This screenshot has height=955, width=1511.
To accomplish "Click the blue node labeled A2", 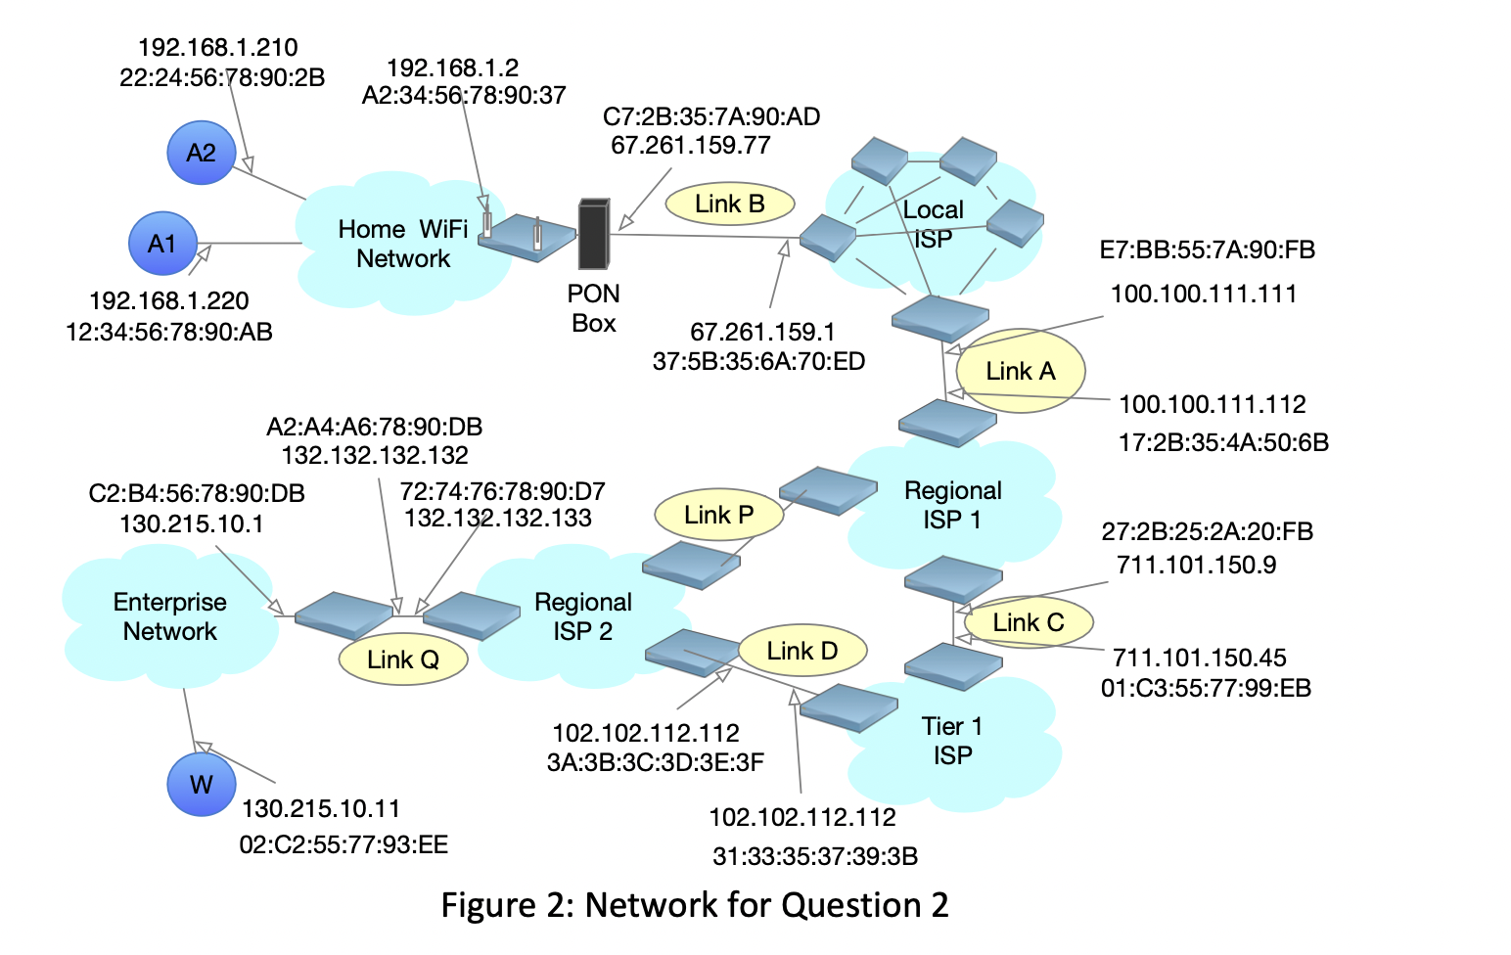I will (x=201, y=153).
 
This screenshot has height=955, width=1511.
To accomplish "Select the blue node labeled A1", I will (x=162, y=244).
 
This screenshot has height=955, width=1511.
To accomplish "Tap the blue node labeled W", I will (x=201, y=784).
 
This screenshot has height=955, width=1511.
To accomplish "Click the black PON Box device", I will (x=593, y=234).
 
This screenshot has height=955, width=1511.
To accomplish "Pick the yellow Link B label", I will (x=729, y=204).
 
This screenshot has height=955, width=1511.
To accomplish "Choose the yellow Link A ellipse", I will (x=1021, y=371).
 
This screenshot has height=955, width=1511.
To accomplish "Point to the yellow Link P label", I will (x=718, y=515).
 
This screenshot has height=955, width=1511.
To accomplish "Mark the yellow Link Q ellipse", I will (x=402, y=659).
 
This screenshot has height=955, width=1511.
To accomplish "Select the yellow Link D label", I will (x=801, y=651).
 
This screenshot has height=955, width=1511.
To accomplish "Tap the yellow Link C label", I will (x=1028, y=622).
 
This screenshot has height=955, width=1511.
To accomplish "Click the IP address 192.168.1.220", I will (x=168, y=300).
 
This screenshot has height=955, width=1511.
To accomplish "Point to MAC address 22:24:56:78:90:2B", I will (x=222, y=77).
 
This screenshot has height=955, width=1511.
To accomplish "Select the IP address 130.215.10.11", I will (x=321, y=808).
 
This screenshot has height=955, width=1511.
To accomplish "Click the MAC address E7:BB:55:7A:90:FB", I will (x=1207, y=250).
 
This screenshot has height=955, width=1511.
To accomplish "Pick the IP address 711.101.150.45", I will (x=1199, y=658).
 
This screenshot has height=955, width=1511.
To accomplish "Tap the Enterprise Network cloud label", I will (x=169, y=616).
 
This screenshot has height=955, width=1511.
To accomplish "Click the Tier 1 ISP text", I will (x=951, y=741).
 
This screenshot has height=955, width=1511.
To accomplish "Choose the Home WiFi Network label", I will (x=402, y=244).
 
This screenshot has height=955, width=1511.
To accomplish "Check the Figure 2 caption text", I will (x=695, y=905).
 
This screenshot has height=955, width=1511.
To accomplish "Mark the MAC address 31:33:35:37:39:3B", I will (x=814, y=857).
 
